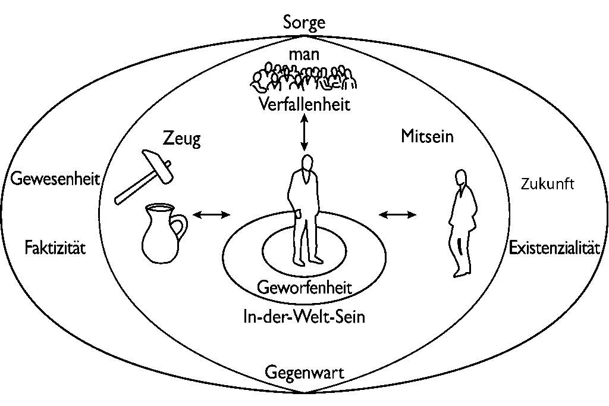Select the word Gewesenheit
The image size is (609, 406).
[x=54, y=179]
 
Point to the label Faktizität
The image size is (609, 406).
[x=55, y=247]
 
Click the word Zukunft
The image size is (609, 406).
[x=547, y=184]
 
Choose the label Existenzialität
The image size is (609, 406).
[x=554, y=248]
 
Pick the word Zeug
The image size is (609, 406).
[x=182, y=140]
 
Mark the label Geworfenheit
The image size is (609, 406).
[x=304, y=288]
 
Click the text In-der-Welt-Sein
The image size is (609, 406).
[x=304, y=317]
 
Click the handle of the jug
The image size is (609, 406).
[x=178, y=227]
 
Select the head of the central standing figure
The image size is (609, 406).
[x=306, y=163]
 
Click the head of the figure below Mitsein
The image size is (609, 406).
[x=459, y=177]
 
